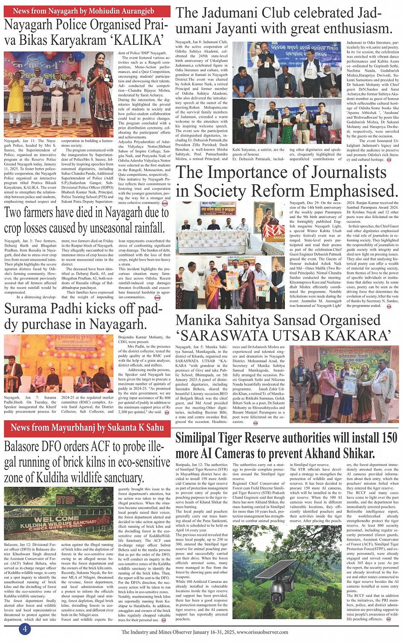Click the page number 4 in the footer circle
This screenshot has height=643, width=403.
point(25,629)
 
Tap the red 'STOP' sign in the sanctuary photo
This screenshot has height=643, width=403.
point(65,500)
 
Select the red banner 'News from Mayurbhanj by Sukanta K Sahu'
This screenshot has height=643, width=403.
point(87,427)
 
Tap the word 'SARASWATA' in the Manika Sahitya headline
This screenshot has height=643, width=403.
point(229,335)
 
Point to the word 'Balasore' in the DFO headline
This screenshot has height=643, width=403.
point(27,447)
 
